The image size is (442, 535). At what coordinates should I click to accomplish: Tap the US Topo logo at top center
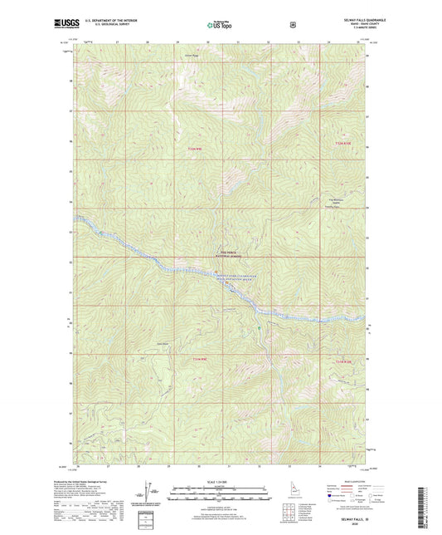click(x=221, y=26)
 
